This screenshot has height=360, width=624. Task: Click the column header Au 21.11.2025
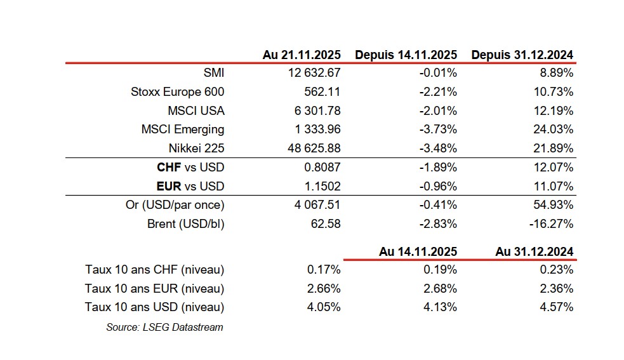[x=302, y=55]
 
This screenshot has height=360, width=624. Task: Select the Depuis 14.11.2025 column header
[x=406, y=55]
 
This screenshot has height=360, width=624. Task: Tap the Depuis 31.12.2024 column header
[x=522, y=55]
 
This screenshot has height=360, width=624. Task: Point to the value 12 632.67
[x=314, y=73]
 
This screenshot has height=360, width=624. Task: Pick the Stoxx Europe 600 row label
[x=177, y=92]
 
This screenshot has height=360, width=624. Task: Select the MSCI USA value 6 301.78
[x=319, y=110]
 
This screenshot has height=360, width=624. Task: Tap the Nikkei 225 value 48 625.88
[x=314, y=148]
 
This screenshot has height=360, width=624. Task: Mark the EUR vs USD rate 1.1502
[x=322, y=187]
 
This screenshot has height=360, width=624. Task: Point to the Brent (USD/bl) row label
[x=185, y=223]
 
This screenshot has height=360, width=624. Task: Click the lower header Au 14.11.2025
[x=418, y=251]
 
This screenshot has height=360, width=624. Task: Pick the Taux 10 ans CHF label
[x=154, y=270]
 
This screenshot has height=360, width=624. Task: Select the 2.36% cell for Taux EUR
[x=557, y=289]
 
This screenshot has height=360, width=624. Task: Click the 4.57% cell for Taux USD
[x=557, y=307]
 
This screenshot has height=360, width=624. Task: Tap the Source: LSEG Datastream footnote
[x=164, y=327]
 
